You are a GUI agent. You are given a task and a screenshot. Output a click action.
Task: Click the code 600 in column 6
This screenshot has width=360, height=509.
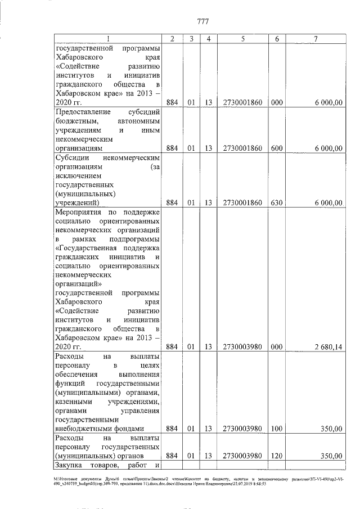276,148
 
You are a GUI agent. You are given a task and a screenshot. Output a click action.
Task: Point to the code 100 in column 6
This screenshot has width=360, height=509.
276,429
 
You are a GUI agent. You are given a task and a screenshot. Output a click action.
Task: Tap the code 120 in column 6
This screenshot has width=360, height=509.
276,456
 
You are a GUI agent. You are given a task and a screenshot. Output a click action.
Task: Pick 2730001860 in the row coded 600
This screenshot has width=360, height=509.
242,148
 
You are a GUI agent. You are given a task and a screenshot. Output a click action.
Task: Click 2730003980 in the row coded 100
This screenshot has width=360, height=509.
242,429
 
